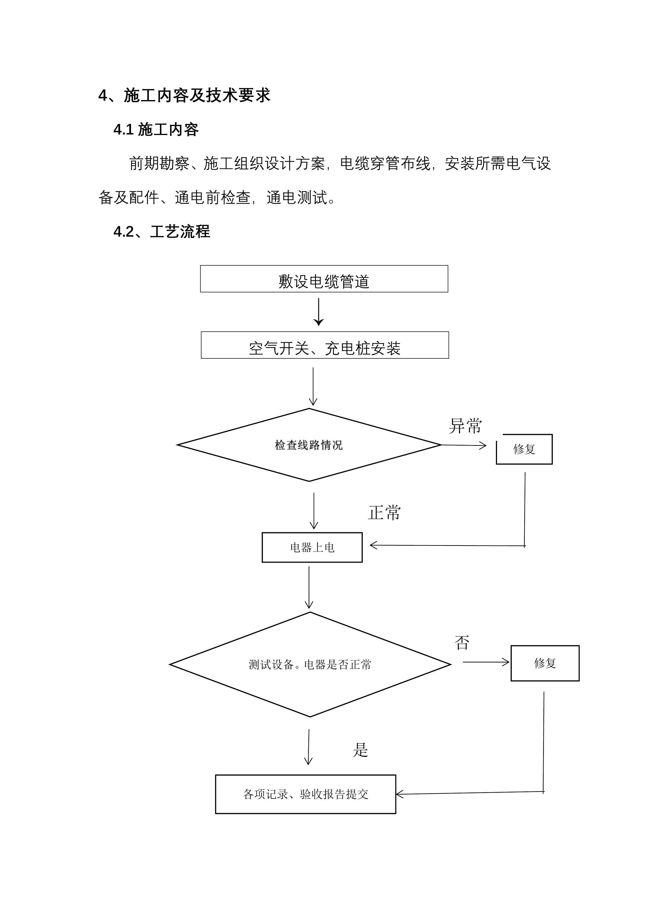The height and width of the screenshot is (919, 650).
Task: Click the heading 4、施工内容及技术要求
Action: click(184, 95)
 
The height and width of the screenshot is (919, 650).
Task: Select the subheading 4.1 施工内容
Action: click(156, 130)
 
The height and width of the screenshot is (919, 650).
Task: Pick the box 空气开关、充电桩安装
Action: click(325, 345)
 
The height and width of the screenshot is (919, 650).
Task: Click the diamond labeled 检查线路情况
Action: click(309, 445)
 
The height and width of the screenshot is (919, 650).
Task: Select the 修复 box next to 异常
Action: click(524, 449)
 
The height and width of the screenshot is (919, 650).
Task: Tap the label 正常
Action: click(384, 512)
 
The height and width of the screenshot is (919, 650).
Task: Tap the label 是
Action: click(360, 750)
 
